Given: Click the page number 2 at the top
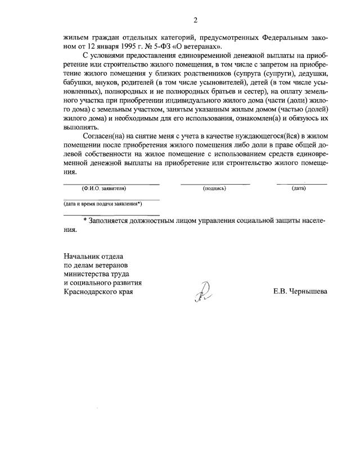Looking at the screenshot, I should (x=195, y=21).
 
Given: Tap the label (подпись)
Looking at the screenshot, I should (x=214, y=189).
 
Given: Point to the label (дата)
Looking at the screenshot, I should (x=299, y=189).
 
